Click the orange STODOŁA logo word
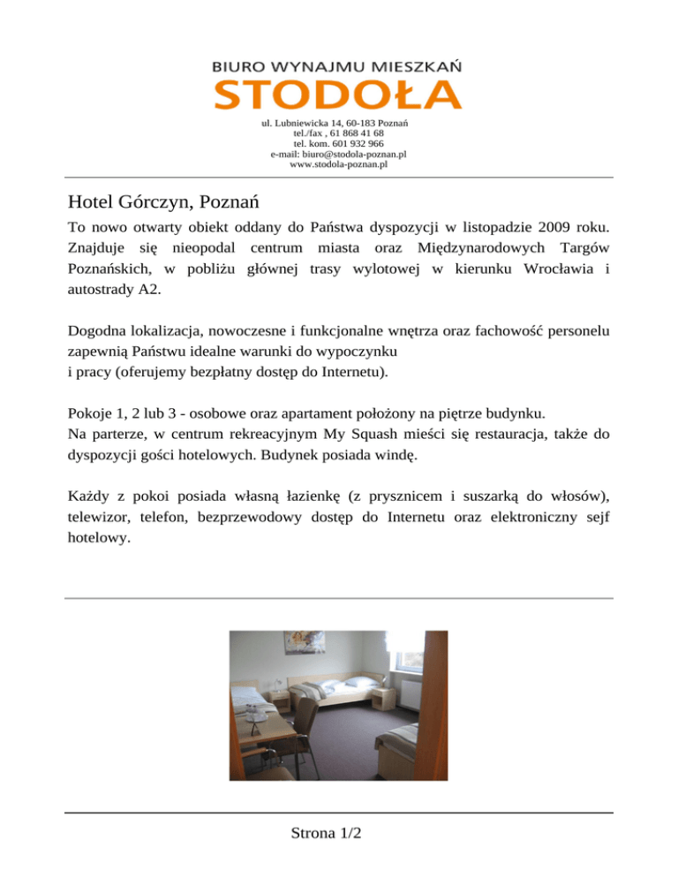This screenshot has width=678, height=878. point(338,94)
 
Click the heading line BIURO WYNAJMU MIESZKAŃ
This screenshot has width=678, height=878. point(338,65)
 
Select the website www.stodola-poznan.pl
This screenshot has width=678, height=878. point(339,163)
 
